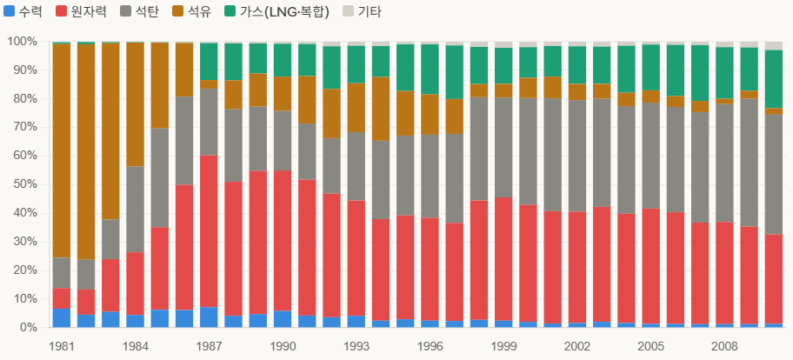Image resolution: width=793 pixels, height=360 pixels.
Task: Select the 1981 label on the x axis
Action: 61,346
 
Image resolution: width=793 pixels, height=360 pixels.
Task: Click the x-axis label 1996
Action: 430,346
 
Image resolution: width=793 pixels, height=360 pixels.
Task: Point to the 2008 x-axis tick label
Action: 724,346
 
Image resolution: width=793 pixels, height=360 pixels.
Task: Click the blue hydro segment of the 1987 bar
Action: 209,317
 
